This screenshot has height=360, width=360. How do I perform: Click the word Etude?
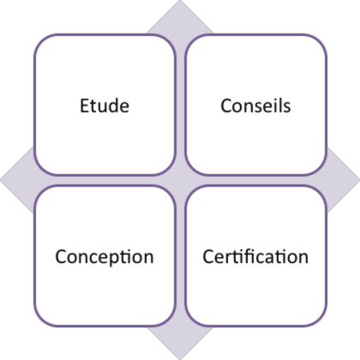click(105, 105)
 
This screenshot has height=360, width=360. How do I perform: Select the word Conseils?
click(255, 105)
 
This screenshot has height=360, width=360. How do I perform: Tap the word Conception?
click(105, 256)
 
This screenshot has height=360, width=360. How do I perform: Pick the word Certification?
click(255, 256)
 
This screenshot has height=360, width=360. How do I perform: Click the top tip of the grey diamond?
click(180, 1)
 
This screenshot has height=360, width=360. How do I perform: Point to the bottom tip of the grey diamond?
click(180, 359)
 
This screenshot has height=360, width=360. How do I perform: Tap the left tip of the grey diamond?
click(1, 180)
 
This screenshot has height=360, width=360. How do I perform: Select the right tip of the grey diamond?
click(359, 180)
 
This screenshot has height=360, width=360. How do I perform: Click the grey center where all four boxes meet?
click(180, 180)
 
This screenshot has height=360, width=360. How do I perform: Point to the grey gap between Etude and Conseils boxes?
click(180, 105)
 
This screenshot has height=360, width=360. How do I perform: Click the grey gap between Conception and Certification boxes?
click(180, 256)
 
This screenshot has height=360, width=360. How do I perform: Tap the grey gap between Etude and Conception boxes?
click(105, 180)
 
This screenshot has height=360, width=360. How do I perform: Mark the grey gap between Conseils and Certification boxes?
click(256, 180)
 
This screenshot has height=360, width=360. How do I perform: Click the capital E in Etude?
click(84, 105)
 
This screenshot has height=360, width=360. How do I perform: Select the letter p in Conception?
click(115, 259)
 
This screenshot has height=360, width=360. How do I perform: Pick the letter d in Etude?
click(112, 105)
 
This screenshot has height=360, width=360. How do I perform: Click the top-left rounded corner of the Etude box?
click(39, 39)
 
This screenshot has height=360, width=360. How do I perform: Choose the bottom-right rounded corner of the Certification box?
click(321, 321)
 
